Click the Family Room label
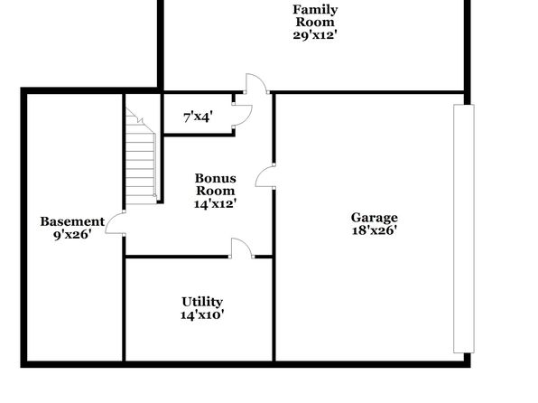(315, 15)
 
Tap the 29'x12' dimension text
(315, 35)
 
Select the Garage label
(375, 218)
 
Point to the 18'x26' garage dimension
(375, 230)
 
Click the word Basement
(72, 221)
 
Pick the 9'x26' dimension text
(72, 235)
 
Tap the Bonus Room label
(216, 184)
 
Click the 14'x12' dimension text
(216, 204)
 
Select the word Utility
(202, 302)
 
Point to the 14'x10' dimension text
(202, 314)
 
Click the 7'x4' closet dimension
(199, 117)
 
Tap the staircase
(141, 156)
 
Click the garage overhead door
(464, 229)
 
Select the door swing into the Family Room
(256, 83)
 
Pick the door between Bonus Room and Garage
(265, 175)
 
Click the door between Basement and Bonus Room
(115, 223)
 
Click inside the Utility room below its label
(199, 340)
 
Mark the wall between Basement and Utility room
(124, 308)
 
